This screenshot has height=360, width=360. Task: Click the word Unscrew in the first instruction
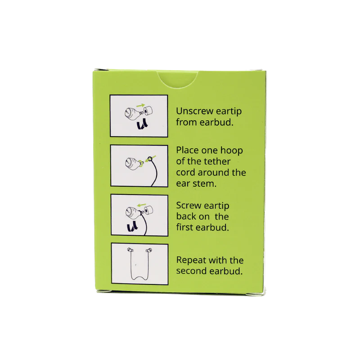coord(195,111)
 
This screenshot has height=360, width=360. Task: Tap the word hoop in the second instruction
coord(231,151)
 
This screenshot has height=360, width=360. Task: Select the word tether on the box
coord(216,162)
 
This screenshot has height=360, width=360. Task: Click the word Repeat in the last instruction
coord(191,261)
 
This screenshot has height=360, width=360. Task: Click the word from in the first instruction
coord(186,122)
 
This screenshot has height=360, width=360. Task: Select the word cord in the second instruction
coord(186,173)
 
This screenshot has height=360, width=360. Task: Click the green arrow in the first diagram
coord(140,105)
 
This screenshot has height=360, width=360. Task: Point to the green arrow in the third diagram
coord(141,204)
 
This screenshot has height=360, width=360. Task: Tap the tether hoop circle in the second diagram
coord(150,159)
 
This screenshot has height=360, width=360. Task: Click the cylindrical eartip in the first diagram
coord(148,111)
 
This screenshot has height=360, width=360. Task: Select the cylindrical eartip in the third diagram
coord(148,210)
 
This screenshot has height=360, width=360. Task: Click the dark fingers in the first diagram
coord(142,125)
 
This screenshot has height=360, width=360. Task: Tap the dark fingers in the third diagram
coord(132,226)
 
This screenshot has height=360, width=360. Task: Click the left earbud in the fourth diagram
coord(130,250)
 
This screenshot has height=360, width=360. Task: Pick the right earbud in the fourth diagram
coord(149,250)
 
